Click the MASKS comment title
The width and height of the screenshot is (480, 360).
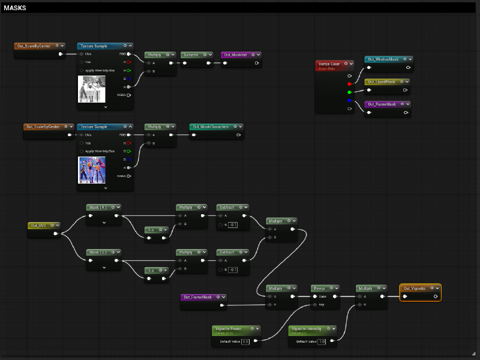15,8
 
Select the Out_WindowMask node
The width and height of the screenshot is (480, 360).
383,59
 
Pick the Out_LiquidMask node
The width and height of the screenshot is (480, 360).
382,82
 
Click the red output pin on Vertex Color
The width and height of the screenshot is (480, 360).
349,84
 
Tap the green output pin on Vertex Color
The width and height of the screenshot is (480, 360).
349,92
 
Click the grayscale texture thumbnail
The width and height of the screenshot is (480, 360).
91,89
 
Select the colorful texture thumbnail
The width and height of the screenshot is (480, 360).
91,170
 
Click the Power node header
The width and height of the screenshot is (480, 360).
319,288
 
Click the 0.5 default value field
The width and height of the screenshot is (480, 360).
245,341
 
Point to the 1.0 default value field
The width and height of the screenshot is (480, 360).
322,341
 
